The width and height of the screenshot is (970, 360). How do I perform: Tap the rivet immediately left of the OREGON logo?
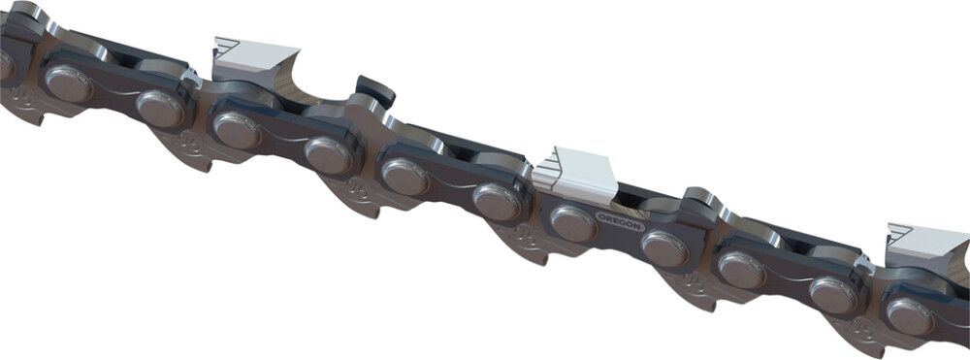pos(573,224)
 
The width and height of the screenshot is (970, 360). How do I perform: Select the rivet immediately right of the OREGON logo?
pos(664,248)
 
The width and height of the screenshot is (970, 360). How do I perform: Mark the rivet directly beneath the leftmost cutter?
pos(236,129)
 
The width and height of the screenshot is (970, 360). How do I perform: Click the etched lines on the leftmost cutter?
pos(227,47)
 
